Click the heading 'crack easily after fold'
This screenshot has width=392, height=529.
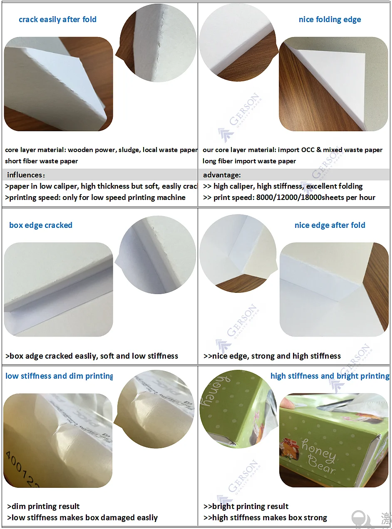point(57,20)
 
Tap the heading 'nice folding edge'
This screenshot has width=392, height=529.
point(330,20)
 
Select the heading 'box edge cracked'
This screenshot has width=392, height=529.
point(41,225)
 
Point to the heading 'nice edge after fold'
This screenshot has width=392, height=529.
point(330,225)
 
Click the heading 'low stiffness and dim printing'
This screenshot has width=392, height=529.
point(59,376)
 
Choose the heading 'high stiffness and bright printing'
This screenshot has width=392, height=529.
point(330,376)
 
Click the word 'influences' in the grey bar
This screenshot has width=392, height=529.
point(24,175)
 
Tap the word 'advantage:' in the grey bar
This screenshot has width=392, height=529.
point(222,175)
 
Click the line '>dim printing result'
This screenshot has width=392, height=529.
point(43,507)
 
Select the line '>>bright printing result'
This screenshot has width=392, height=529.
point(246,507)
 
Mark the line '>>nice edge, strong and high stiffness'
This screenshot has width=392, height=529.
point(272,356)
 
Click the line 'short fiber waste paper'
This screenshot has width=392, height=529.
point(42,161)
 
